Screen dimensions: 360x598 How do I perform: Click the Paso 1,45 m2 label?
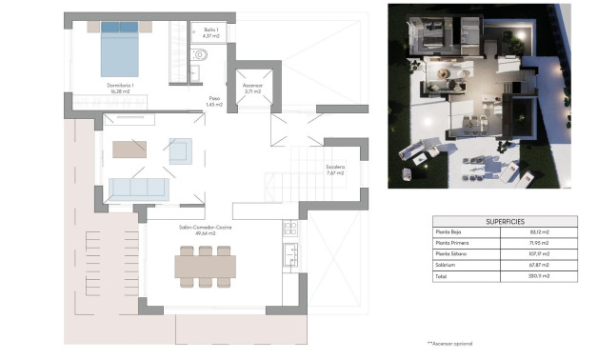point(214,102)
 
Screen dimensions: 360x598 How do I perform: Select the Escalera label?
point(335,170)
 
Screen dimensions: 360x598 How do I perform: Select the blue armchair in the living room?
point(179,150)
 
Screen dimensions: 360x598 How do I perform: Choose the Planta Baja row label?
point(450,231)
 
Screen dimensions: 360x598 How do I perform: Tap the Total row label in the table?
point(441,276)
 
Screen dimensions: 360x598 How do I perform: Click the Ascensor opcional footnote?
point(450,343)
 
